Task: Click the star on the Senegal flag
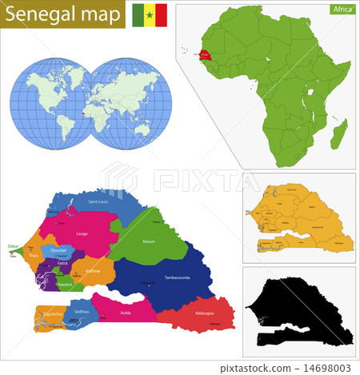[149, 14]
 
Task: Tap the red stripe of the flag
[161, 14]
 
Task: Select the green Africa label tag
[341, 10]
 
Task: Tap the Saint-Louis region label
[98, 201]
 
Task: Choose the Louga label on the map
[82, 233]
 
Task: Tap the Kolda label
[125, 313]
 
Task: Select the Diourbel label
[59, 249]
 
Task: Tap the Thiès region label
[33, 257]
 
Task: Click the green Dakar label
[12, 246]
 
